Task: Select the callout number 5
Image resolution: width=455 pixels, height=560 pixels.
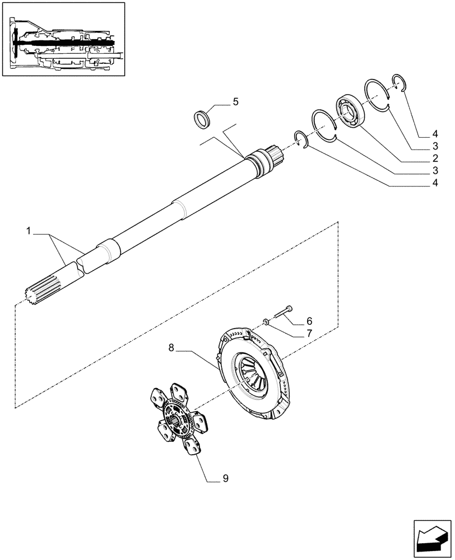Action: (x=235, y=101)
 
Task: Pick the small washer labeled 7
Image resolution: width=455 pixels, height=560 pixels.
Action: (x=267, y=321)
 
